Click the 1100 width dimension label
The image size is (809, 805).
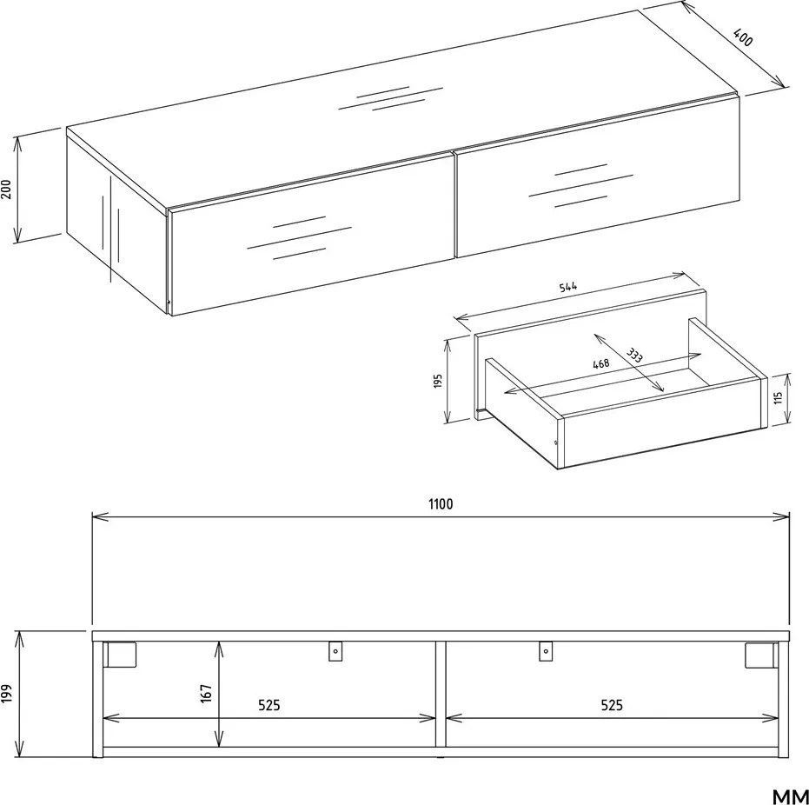[441, 503]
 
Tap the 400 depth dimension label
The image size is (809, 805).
[743, 37]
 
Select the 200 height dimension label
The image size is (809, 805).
[6, 190]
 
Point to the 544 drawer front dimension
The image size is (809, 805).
[568, 286]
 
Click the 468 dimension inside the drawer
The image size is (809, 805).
[601, 363]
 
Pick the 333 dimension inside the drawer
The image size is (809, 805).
[634, 355]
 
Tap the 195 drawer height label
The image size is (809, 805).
[438, 382]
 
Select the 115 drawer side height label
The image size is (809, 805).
[778, 397]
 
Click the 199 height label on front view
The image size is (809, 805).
[6, 694]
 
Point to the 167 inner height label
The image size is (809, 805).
[206, 694]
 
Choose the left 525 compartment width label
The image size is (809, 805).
[269, 705]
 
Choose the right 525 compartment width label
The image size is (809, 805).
[612, 705]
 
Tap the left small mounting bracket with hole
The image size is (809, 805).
[335, 651]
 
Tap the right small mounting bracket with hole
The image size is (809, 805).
[546, 651]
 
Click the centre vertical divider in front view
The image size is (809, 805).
[441, 694]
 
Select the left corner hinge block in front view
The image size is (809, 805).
[120, 655]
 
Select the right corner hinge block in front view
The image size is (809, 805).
[761, 655]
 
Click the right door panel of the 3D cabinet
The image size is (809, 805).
[598, 176]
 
